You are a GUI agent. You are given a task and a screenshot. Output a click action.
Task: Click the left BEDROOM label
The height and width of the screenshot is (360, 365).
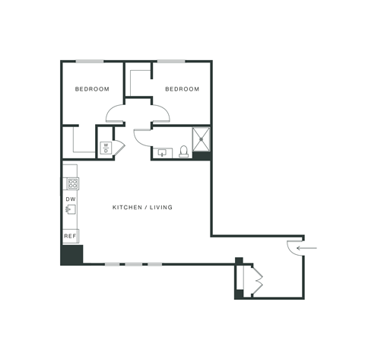[92, 89]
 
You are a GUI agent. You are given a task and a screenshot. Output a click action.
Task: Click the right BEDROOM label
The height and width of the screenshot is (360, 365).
[182, 89]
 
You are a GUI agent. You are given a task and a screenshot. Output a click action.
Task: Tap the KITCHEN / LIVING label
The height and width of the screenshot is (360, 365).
[142, 207]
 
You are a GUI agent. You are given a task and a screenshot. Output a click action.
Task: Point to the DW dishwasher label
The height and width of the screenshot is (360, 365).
[70, 199]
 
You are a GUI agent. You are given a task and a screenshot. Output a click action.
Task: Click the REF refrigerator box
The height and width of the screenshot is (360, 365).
[70, 236]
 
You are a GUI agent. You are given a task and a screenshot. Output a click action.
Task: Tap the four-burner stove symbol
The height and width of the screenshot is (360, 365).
[72, 183]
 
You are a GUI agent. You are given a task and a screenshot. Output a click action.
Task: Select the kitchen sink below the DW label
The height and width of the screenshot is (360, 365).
[71, 209]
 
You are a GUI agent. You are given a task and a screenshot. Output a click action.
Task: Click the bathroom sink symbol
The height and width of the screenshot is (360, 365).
[162, 152]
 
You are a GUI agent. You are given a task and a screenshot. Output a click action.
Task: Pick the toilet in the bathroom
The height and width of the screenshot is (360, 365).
[183, 151]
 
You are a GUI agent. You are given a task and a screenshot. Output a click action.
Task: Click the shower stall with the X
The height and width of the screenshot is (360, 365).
[202, 139]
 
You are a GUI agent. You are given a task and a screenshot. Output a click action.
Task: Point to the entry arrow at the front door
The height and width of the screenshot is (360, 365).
[307, 247]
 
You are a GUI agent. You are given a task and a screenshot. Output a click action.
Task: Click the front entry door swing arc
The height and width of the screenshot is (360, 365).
[293, 248]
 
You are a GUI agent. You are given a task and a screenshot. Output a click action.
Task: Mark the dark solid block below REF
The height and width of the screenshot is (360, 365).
[71, 254]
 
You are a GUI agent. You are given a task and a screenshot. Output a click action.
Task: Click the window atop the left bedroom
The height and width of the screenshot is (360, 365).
[90, 61]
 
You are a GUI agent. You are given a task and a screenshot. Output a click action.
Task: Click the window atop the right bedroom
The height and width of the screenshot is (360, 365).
[171, 61]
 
